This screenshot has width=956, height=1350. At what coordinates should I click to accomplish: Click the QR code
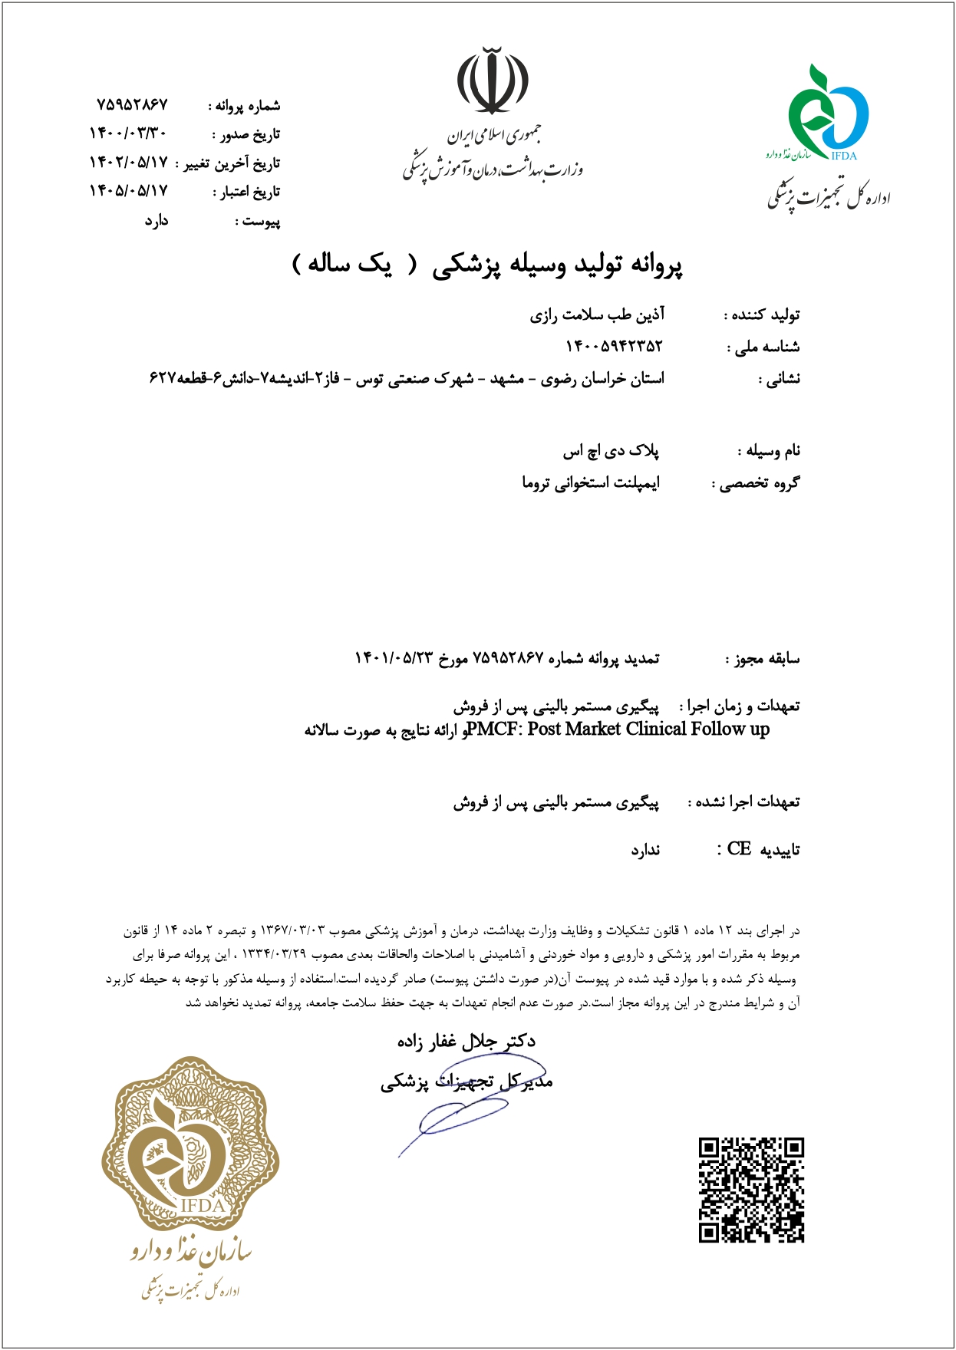tap(751, 1190)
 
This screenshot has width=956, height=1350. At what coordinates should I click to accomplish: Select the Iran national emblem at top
tap(493, 81)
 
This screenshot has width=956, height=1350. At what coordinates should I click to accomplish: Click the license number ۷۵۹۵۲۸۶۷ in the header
tap(132, 104)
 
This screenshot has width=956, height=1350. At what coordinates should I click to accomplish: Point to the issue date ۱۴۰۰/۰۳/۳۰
tap(128, 133)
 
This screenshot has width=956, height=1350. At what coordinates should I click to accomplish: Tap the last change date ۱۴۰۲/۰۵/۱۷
tap(128, 163)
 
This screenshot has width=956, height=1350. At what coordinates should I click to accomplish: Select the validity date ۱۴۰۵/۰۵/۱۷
tap(128, 191)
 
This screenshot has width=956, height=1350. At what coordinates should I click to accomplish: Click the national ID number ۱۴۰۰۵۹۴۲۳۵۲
tap(613, 347)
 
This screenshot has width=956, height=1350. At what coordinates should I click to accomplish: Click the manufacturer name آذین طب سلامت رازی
tap(597, 315)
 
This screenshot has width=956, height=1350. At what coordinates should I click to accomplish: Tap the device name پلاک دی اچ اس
tap(611, 451)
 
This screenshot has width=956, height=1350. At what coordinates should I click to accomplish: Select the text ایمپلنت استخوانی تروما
tap(591, 483)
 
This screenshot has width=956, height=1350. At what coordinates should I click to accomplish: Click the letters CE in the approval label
tap(739, 849)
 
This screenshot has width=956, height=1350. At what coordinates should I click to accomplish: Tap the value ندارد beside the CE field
tap(645, 850)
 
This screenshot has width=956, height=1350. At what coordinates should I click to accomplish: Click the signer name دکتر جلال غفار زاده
tap(466, 1041)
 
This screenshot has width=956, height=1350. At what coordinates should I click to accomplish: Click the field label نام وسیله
tap(773, 451)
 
